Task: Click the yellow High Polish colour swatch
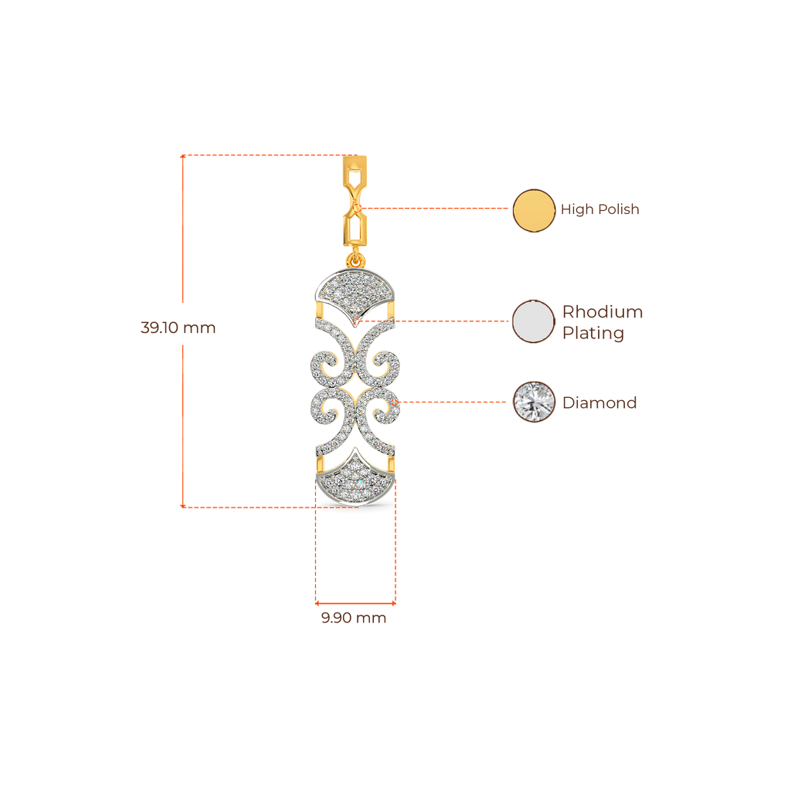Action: click(x=534, y=210)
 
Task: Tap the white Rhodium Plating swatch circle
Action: click(x=534, y=321)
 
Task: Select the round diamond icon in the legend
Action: click(x=534, y=402)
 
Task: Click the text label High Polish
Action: click(x=599, y=210)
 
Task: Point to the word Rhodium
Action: click(x=603, y=313)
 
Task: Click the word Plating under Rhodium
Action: click(x=592, y=334)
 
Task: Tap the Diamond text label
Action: click(x=599, y=402)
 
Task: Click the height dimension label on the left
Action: click(x=178, y=328)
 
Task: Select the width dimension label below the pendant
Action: click(x=354, y=619)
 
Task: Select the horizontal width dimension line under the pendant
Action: click(x=355, y=602)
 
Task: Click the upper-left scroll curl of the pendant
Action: click(x=326, y=363)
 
